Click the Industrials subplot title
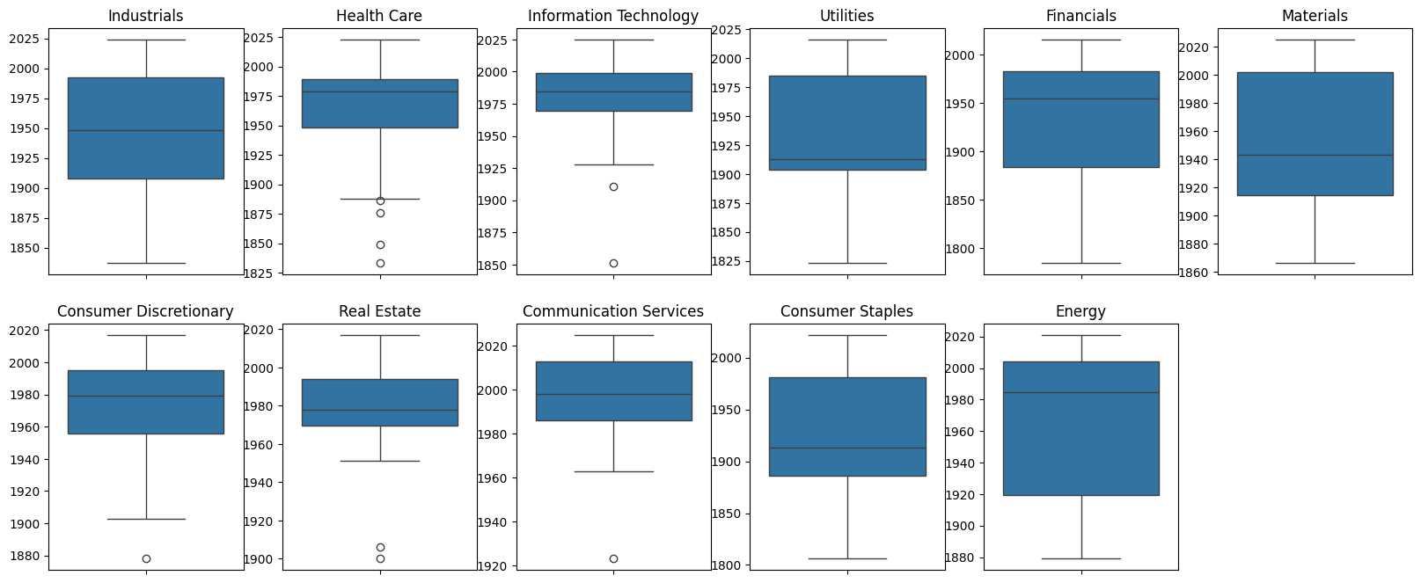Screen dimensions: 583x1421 pos(145,16)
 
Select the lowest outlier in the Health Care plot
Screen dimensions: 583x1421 pos(380,263)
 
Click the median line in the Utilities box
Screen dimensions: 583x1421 pos(847,159)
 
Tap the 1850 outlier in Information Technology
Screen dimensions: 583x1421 pos(613,263)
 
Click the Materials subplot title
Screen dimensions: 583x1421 pos(1315,16)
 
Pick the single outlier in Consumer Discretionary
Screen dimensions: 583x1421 pos(146,558)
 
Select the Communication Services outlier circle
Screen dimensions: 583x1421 pos(613,558)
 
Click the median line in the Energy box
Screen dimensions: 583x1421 pos(1080,392)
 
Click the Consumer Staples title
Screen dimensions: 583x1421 pos(846,311)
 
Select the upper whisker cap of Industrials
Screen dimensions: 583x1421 pos(146,40)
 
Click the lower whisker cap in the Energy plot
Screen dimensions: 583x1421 pos(1080,558)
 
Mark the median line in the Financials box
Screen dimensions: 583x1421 pos(1080,98)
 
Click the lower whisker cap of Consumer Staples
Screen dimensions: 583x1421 pos(847,558)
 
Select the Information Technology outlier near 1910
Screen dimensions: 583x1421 pos(613,186)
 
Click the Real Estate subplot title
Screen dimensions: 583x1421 pos(379,311)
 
